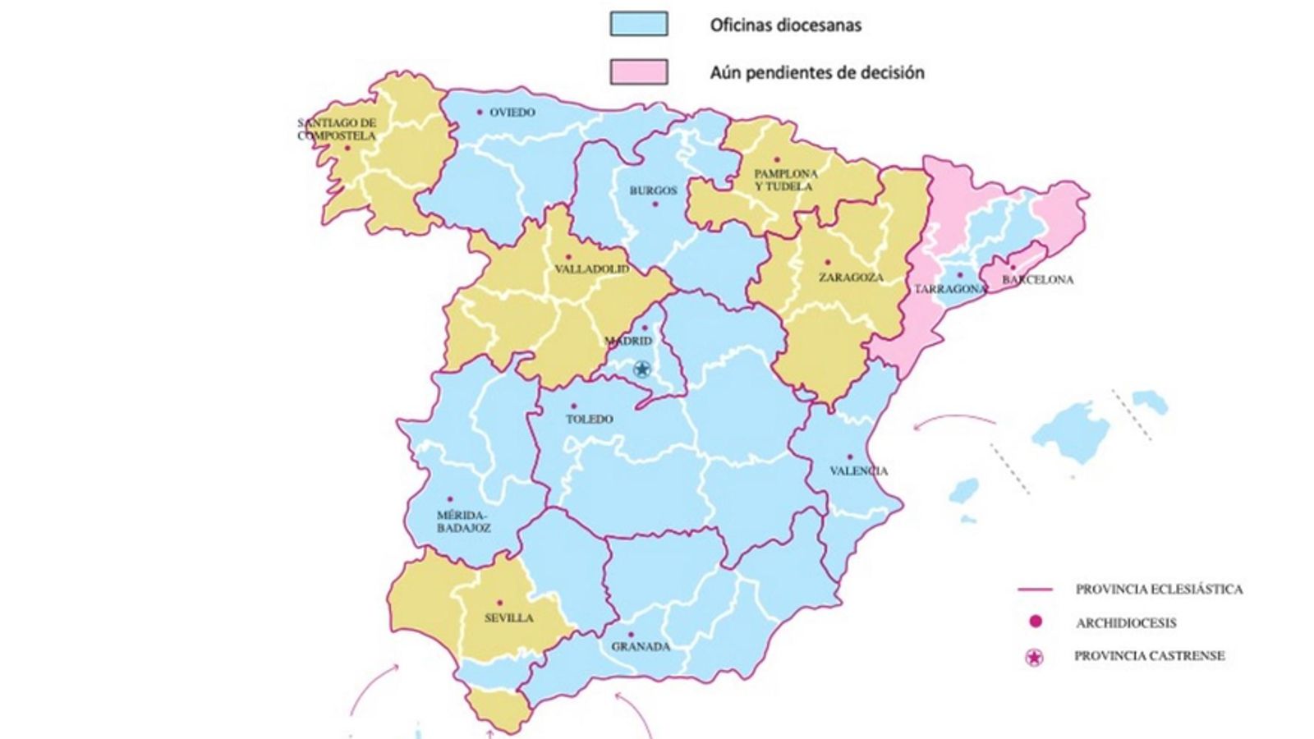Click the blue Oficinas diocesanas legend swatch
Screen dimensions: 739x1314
638,24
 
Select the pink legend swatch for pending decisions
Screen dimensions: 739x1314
638,71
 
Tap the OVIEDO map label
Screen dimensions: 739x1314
512,112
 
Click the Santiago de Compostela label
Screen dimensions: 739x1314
337,130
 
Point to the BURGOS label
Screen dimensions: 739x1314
654,190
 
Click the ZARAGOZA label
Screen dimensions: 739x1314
851,278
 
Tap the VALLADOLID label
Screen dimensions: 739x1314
591,269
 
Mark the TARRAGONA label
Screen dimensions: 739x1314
950,290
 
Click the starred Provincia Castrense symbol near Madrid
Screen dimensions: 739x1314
642,369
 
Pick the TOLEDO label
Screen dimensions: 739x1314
590,420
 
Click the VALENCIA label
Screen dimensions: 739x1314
858,471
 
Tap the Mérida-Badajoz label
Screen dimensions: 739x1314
464,521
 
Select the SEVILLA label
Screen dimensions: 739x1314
508,618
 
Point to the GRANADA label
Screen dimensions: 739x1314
641,647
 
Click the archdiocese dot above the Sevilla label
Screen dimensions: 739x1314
499,603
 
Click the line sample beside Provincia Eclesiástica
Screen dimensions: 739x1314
1035,590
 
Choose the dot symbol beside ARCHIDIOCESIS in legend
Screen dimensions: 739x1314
1035,622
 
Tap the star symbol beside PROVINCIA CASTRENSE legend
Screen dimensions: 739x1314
1035,657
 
